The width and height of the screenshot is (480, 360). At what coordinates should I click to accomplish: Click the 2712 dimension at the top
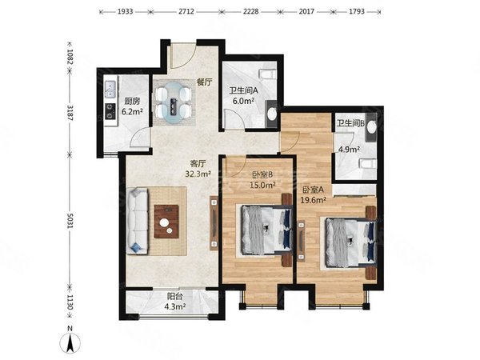pyautogui.click(x=186, y=12)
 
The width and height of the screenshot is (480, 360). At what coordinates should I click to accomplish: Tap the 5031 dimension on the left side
pyautogui.click(x=70, y=221)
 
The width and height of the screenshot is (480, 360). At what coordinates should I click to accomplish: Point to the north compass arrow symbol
pyautogui.click(x=70, y=342)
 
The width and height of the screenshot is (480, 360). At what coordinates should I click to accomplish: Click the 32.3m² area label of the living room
pyautogui.click(x=198, y=174)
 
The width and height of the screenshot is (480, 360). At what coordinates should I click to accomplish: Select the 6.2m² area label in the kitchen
pyautogui.click(x=132, y=111)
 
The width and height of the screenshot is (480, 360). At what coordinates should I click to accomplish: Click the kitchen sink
pyautogui.click(x=110, y=89)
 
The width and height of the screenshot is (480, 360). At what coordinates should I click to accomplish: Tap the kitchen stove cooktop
pyautogui.click(x=110, y=111)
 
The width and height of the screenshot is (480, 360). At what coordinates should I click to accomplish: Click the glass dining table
pyautogui.click(x=174, y=102)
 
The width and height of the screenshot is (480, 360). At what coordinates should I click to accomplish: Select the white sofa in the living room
pyautogui.click(x=138, y=221)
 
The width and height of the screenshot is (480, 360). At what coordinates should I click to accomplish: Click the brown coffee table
pyautogui.click(x=166, y=222)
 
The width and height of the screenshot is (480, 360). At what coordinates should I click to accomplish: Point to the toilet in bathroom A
pyautogui.click(x=268, y=74)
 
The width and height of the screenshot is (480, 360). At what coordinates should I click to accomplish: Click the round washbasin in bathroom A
pyautogui.click(x=271, y=114)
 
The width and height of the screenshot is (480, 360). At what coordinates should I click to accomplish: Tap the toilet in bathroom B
pyautogui.click(x=368, y=164)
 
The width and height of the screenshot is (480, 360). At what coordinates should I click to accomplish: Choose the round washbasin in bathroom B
pyautogui.click(x=372, y=127)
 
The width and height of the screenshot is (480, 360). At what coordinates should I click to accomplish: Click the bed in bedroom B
pyautogui.click(x=266, y=230)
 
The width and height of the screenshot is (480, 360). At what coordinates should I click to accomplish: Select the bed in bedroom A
pyautogui.click(x=350, y=242)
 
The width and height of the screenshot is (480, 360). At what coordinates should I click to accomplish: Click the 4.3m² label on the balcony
pyautogui.click(x=175, y=306)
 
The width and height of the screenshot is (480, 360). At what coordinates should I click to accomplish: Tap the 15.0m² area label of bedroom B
pyautogui.click(x=262, y=185)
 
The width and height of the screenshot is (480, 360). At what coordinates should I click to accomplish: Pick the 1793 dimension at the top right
pyautogui.click(x=357, y=12)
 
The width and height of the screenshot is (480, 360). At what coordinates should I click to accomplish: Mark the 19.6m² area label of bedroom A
pyautogui.click(x=313, y=200)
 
